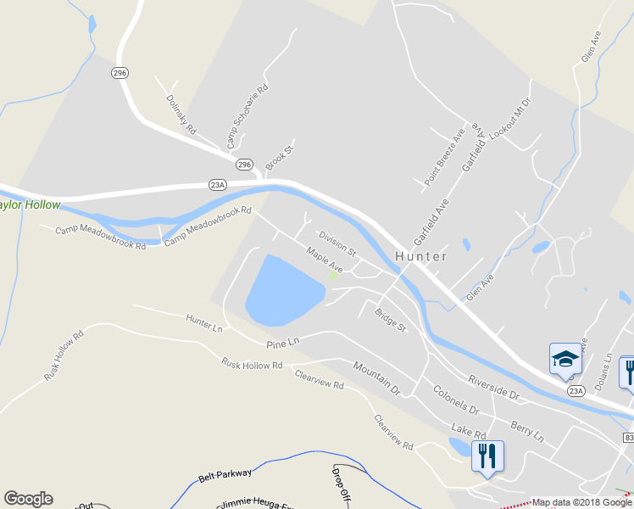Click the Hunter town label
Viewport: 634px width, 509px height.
coord(420,255)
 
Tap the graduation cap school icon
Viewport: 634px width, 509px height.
coord(564,359)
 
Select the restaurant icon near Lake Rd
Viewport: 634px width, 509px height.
coord(487,456)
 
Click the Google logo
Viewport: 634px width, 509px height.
coord(28,499)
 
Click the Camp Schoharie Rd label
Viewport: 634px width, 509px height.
coord(247,115)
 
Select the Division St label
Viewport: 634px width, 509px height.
coord(337,243)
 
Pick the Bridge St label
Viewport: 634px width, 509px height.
coord(391,319)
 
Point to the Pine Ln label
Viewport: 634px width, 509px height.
coord(283,343)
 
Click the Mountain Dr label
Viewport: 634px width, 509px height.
coord(376,378)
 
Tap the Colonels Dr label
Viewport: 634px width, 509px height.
coord(456,400)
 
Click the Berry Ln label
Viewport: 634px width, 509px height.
coord(527,428)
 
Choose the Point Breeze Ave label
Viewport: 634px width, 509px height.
coord(445,157)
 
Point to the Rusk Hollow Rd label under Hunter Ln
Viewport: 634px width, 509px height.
coord(252,365)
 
